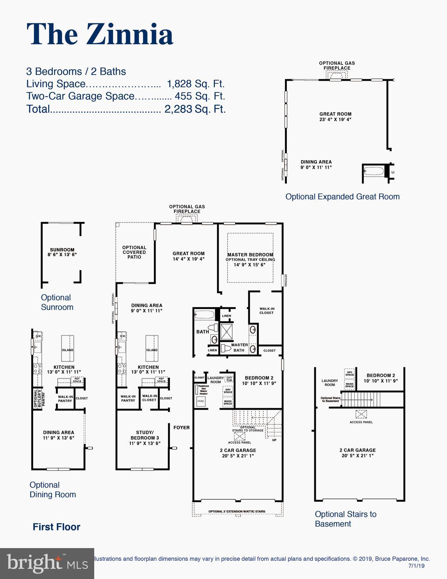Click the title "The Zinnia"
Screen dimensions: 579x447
point(100,34)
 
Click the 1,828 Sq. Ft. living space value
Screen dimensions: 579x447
point(195,84)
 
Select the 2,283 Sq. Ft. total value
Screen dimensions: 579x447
point(195,109)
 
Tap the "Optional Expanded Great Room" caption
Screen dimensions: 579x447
point(342,196)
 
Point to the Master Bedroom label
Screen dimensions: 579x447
point(250,255)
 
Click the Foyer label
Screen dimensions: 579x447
point(181,427)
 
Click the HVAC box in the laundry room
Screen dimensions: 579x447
point(201,401)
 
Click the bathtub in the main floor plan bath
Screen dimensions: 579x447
point(204,314)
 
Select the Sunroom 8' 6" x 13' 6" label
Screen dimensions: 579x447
point(62,252)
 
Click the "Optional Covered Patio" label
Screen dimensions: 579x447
point(134,252)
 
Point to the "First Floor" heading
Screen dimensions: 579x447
point(57,527)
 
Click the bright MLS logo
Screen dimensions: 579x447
point(47,563)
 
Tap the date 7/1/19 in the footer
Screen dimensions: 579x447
point(416,566)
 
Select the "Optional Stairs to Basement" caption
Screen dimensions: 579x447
point(346,519)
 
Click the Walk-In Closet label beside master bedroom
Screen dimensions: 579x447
point(267,311)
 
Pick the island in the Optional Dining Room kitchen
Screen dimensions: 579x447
point(68,348)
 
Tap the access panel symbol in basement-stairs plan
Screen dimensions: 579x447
point(361,414)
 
